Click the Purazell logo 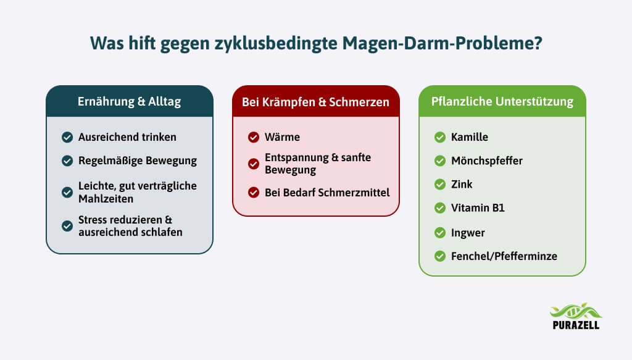pos(576,316)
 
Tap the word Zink pos(462,184)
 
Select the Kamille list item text pos(470,137)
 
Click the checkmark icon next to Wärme pos(254,138)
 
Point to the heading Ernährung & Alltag pos(130,102)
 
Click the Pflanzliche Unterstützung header pos(502,102)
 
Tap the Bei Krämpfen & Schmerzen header pos(315,102)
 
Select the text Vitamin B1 pos(478,208)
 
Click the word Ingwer pos(468,233)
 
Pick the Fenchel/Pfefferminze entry pos(504,256)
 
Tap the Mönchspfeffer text pos(486,161)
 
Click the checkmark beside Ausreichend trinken pos(67,138)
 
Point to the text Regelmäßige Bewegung pos(138,161)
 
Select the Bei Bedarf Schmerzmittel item pos(327,193)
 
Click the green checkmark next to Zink pos(439,185)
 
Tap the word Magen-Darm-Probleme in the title pos(442,43)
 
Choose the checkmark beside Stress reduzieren pos(67,226)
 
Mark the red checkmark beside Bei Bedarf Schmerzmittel pos(254,193)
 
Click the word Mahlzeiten pos(106,199)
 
